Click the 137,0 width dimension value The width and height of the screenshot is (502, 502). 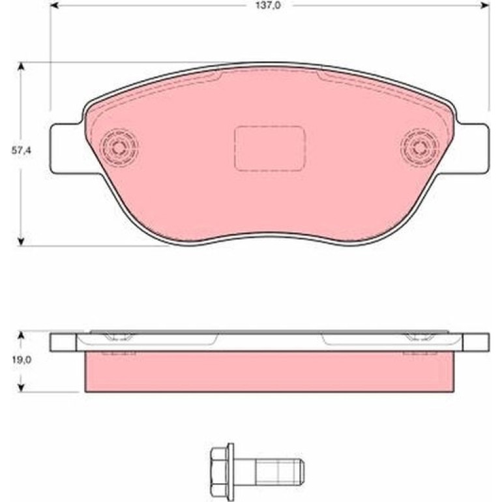click(x=268, y=5)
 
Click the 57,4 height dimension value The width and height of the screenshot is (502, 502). click(x=22, y=151)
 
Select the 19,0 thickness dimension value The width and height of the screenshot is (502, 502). click(x=22, y=360)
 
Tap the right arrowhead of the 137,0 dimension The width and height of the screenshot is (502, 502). click(x=485, y=5)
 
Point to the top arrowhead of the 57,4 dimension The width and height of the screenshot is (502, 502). click(x=21, y=66)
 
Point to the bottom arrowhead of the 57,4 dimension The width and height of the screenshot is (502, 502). click(x=21, y=241)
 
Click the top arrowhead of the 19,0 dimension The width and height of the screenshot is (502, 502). click(x=21, y=336)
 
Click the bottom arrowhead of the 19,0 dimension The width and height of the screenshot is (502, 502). click(x=21, y=387)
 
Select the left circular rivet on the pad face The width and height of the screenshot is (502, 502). click(x=119, y=147)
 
